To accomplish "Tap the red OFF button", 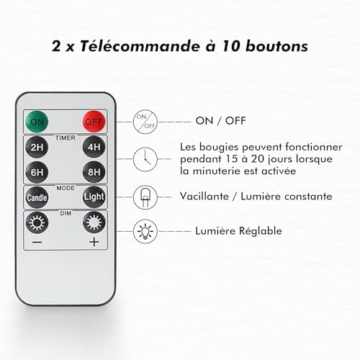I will coord(94,120).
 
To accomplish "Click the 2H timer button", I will coord(37,148).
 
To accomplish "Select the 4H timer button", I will coord(94,148).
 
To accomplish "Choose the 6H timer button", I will coord(37,172).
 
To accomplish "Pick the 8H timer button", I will coord(94,172).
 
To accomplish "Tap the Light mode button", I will coord(94,197).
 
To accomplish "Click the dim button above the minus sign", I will coord(37,221).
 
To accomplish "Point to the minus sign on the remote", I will coord(37,242).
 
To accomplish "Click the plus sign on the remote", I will coord(94,242).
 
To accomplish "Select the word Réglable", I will coord(261,231).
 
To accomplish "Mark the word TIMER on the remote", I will coord(66,135).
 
